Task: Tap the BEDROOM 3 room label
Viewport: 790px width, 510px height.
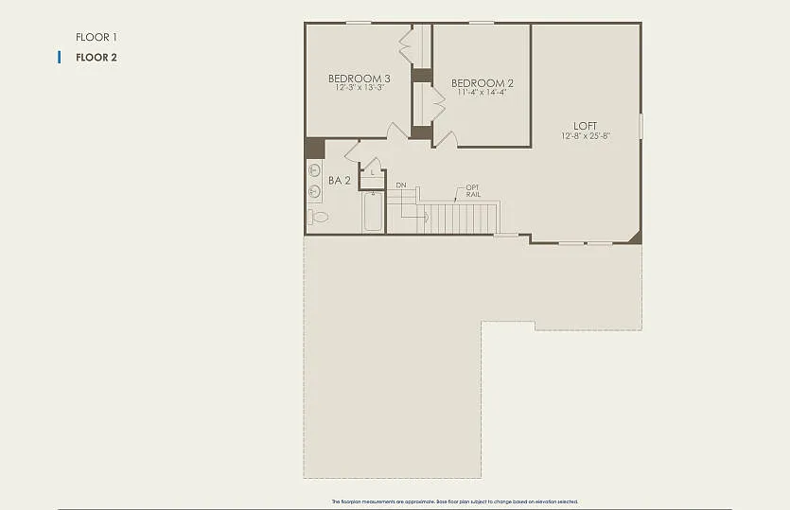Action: [x=359, y=79]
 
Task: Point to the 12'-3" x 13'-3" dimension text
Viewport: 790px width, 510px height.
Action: [x=359, y=88]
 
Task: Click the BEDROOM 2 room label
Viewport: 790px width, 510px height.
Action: [x=483, y=83]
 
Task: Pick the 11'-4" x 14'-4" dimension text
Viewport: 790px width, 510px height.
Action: [x=483, y=93]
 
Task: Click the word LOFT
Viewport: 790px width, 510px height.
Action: [x=586, y=126]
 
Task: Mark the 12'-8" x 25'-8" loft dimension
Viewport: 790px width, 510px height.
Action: [x=586, y=136]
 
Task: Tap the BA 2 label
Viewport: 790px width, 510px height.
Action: [x=340, y=180]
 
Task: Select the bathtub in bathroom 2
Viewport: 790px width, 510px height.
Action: [x=373, y=211]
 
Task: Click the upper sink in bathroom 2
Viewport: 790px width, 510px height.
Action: [x=314, y=171]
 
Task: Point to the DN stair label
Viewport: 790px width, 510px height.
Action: [x=401, y=185]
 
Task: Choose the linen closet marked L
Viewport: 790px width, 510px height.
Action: [x=373, y=173]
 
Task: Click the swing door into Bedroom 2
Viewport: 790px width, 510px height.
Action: [x=446, y=139]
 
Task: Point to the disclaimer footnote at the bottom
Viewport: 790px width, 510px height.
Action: [x=454, y=501]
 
